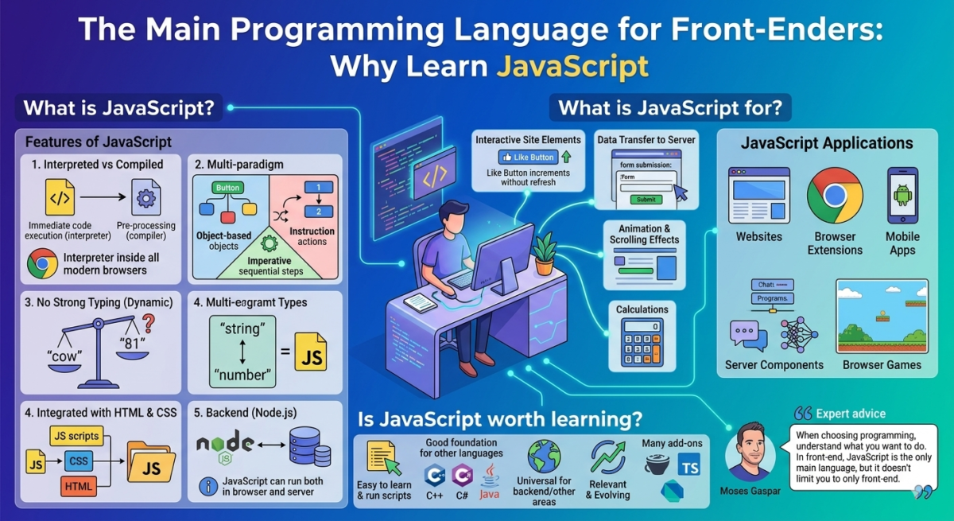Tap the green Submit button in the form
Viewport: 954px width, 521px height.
[646, 199]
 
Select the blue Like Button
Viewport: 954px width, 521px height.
[525, 157]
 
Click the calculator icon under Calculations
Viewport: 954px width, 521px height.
[643, 344]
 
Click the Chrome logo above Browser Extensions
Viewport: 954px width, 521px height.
[834, 196]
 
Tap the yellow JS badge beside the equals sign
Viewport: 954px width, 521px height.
[311, 350]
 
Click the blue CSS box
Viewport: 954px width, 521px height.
[79, 461]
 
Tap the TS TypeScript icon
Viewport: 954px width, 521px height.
[689, 466]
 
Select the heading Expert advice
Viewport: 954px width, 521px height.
[850, 414]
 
